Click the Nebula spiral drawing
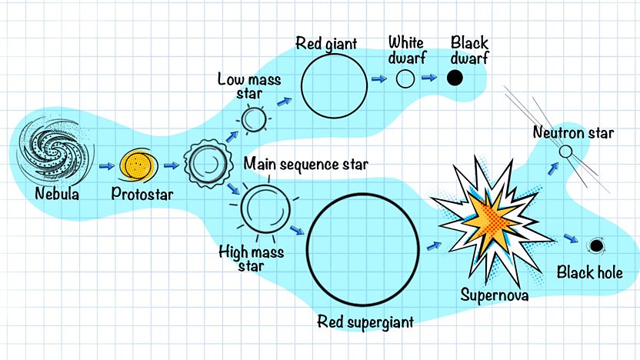point(55,150)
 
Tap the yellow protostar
point(138,165)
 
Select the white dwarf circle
point(405,78)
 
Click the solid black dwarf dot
point(455,78)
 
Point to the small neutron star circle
point(565,152)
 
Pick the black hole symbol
point(596,246)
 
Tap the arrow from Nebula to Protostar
point(106,165)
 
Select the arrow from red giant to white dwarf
point(379,78)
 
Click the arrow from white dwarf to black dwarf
point(429,77)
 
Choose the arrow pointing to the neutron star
point(553,169)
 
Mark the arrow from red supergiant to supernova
point(435,246)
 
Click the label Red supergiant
point(365,322)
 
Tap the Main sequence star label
point(305,164)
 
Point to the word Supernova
point(495,295)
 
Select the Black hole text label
point(590,272)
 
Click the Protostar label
point(142,194)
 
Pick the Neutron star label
point(574,132)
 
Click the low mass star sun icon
point(254,119)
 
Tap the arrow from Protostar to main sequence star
point(172,165)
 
